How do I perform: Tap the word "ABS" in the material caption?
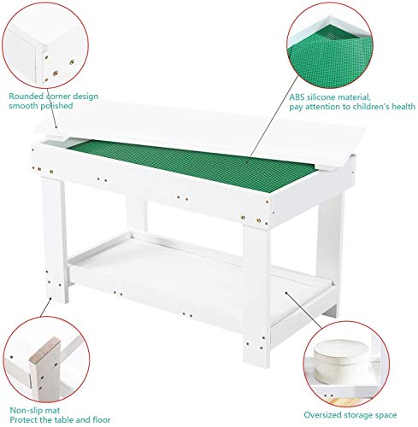[x=299, y=97]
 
